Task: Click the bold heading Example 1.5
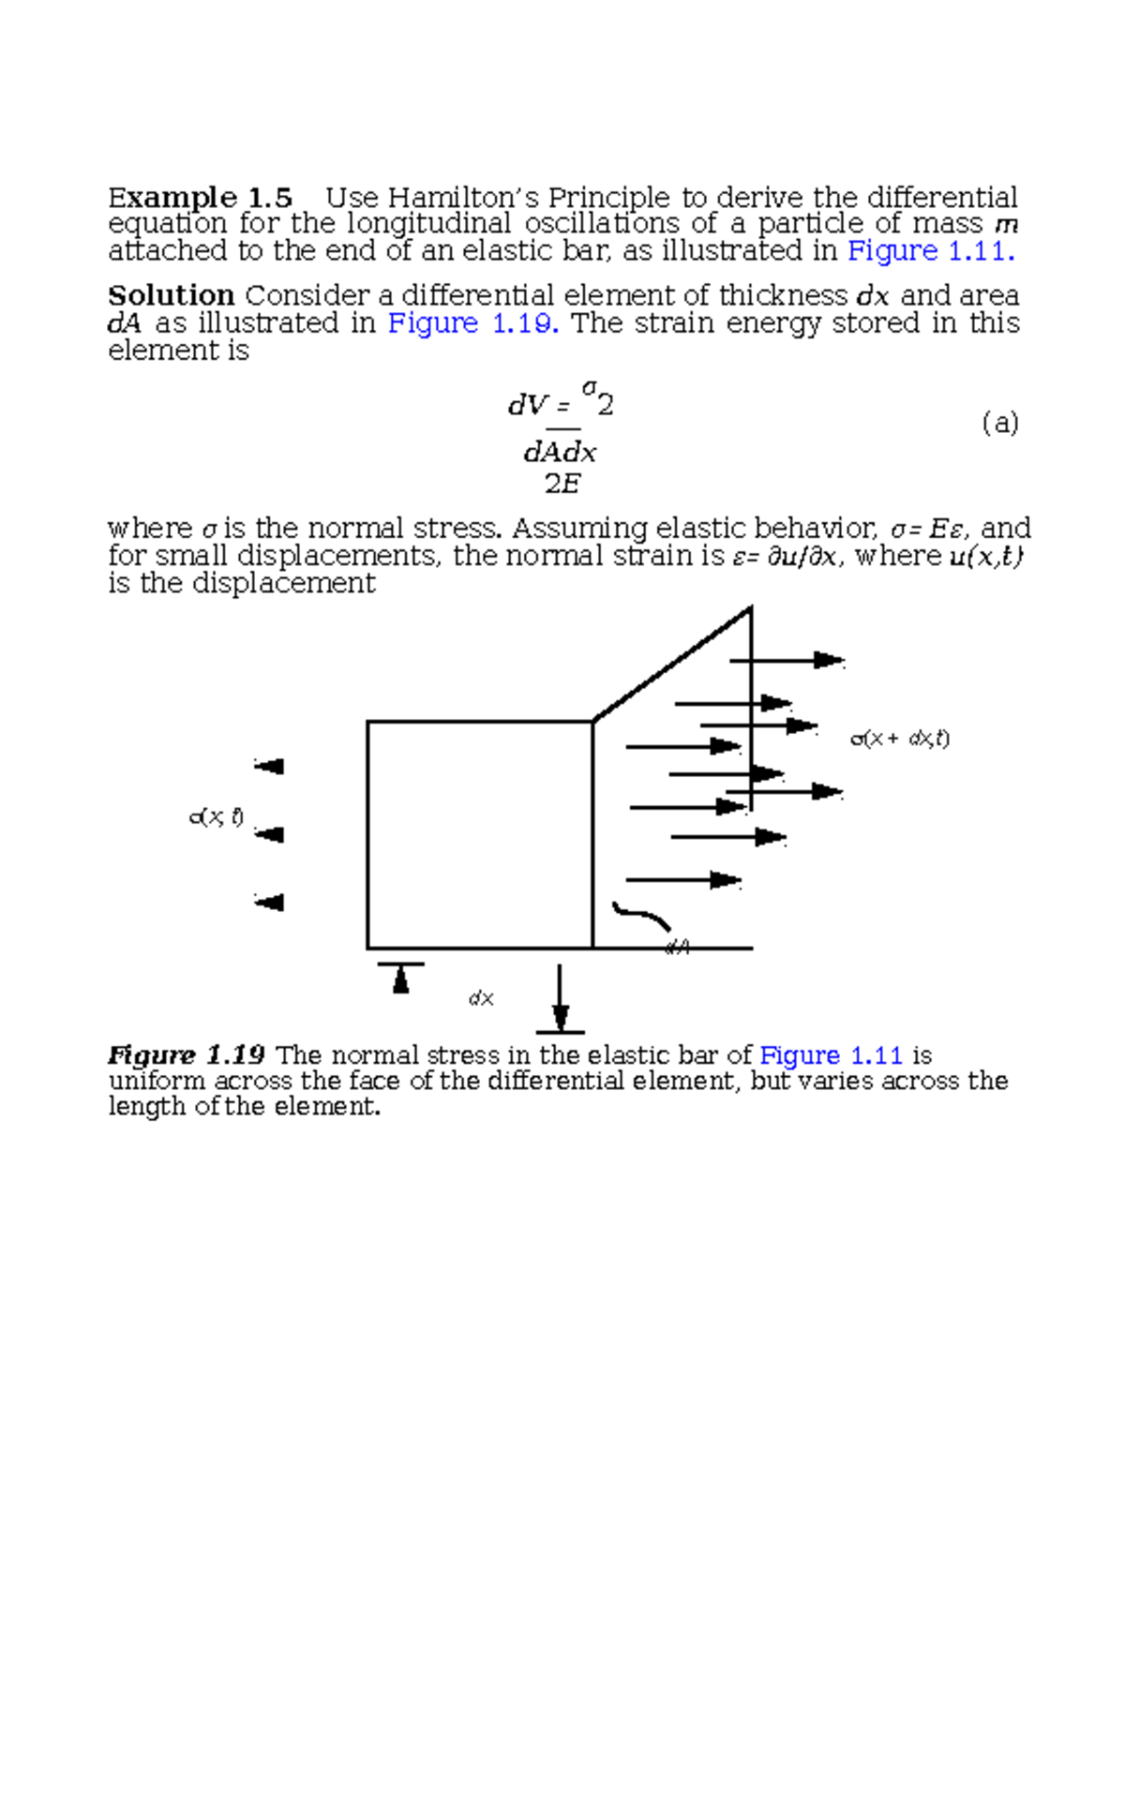[200, 198]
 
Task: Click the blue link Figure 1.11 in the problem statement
[929, 251]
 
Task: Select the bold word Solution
[171, 296]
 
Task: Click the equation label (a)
[999, 423]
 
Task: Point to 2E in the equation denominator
[562, 485]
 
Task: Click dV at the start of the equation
[528, 405]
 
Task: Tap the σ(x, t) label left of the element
[217, 817]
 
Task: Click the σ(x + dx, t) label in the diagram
[899, 739]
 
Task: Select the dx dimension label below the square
[481, 999]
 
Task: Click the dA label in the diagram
[677, 948]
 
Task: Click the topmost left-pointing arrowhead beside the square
[269, 767]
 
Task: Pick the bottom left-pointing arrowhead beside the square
[269, 903]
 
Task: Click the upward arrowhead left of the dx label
[401, 979]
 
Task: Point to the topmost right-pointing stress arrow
[787, 661]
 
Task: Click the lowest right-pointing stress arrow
[683, 880]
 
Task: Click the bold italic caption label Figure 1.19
[186, 1055]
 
